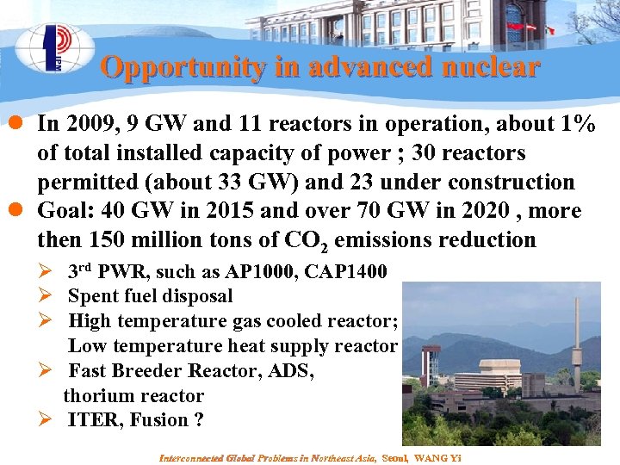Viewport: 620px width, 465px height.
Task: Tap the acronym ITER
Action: point(94,420)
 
